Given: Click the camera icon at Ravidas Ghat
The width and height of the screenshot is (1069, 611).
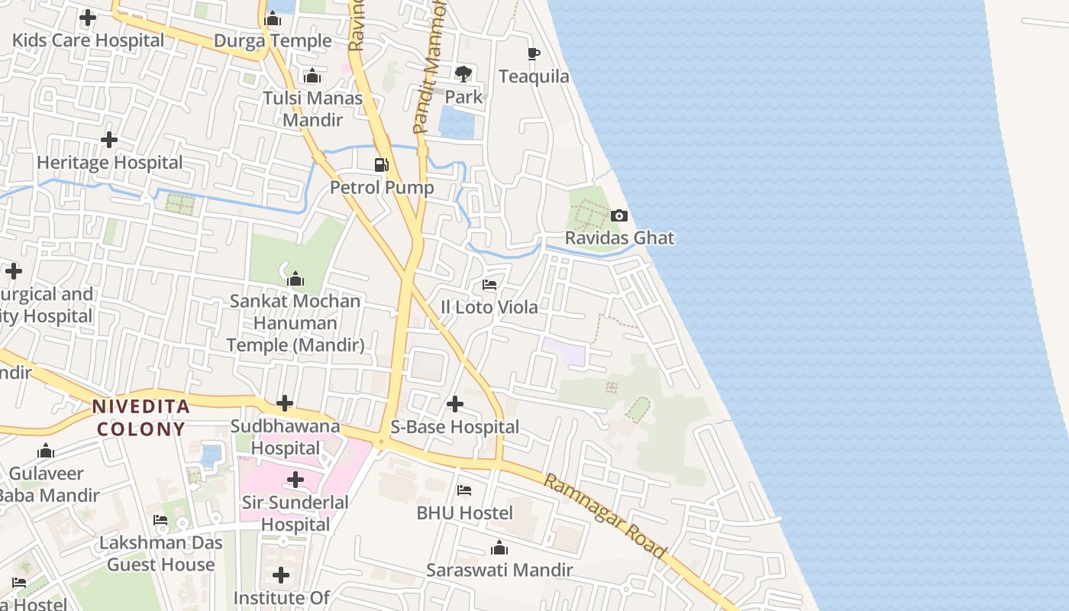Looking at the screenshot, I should [619, 216].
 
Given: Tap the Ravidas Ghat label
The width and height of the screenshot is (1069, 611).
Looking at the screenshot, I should [619, 238].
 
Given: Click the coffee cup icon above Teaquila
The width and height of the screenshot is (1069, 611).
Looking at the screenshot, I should [534, 53].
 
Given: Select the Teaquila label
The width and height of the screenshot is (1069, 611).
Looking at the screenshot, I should [534, 76].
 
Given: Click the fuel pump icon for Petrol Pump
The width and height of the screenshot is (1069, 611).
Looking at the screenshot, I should [381, 164].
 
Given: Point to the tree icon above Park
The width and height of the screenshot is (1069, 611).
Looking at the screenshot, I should [463, 74].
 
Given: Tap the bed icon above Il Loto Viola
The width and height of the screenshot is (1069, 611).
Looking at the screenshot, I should [489, 285].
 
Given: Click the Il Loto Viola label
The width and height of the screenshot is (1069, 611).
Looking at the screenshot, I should [489, 307].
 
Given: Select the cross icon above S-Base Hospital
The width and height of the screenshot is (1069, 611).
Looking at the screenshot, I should [455, 403].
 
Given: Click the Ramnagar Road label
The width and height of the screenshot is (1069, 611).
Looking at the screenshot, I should [605, 516].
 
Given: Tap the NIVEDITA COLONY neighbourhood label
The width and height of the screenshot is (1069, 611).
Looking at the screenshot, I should [140, 418].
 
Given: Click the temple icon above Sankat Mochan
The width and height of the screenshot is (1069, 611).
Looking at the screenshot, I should [296, 279].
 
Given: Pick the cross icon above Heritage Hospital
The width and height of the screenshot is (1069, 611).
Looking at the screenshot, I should [109, 140].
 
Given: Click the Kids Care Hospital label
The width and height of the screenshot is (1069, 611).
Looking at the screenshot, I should [88, 40].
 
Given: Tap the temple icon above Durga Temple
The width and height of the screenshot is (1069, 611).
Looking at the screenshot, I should [273, 18].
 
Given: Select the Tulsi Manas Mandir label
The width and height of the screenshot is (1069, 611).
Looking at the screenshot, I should [313, 109].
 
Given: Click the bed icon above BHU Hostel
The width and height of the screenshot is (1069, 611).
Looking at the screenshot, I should [464, 490].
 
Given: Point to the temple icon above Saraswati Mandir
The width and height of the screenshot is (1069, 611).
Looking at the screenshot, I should [499, 548].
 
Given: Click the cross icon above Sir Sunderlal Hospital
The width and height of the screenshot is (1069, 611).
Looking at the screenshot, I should [296, 480].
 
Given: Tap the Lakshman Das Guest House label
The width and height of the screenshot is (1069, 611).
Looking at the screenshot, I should [161, 554].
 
